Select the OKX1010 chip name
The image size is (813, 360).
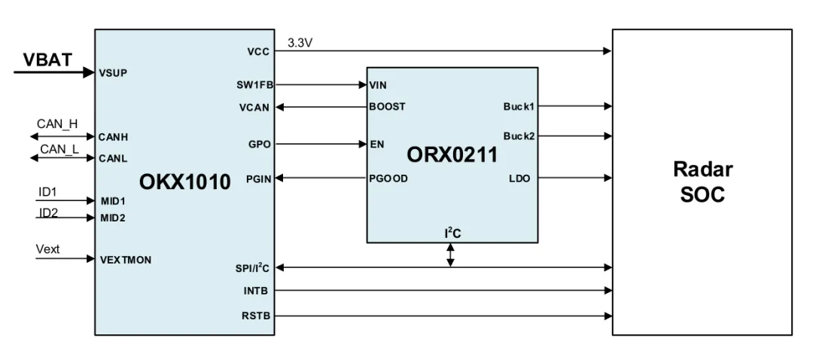pos(185,182)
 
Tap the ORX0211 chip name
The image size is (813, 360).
pos(452,154)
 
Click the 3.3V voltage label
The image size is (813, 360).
pos(300,43)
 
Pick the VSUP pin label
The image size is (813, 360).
pos(113,73)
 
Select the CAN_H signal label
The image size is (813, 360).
pos(57,124)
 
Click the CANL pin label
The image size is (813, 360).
pos(113,158)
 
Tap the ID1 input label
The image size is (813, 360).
pos(47,192)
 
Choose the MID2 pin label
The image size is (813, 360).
pos(113,218)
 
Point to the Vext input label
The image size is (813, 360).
pos(48,249)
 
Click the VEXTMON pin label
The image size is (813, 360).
pos(126,259)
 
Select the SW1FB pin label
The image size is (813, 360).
pos(253,85)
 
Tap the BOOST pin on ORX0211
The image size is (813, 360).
pos(387,106)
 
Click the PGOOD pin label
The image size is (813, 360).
pos(388,178)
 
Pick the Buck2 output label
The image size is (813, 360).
pos(519,136)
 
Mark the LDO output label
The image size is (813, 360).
pos(520,178)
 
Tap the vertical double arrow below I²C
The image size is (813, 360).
pos(451,254)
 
